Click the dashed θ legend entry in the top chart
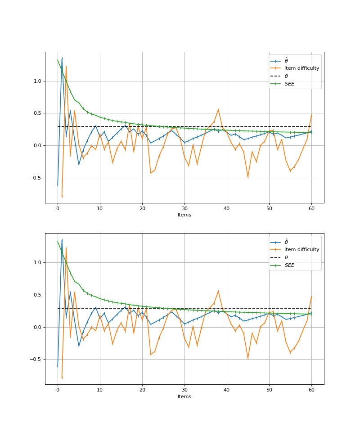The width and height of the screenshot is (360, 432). [x=286, y=76]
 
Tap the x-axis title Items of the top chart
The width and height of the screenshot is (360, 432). [x=184, y=215]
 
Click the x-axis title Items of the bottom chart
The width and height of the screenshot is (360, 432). [x=184, y=396]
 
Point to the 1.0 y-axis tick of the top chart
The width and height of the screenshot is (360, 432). [x=37, y=81]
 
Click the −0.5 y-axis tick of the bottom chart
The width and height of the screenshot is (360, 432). [x=35, y=359]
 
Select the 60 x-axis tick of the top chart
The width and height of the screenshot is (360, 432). [x=311, y=208]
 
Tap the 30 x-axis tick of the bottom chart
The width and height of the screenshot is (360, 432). [x=184, y=390]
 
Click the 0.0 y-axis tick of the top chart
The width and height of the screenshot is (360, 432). [x=37, y=145]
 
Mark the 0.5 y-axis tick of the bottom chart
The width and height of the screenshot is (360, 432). [x=37, y=295]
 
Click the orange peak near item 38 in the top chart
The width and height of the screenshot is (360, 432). [x=218, y=109]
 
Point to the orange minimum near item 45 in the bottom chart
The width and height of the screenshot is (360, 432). [x=248, y=359]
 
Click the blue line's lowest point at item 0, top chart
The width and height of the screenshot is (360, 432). [x=58, y=185]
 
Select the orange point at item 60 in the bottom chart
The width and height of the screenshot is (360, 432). [x=311, y=296]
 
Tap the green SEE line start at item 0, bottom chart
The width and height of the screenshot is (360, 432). [x=58, y=241]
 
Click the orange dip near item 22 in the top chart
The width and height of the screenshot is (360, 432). [x=151, y=173]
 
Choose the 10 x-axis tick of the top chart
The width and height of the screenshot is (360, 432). [x=100, y=208]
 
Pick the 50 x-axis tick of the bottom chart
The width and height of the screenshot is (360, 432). [x=269, y=390]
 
